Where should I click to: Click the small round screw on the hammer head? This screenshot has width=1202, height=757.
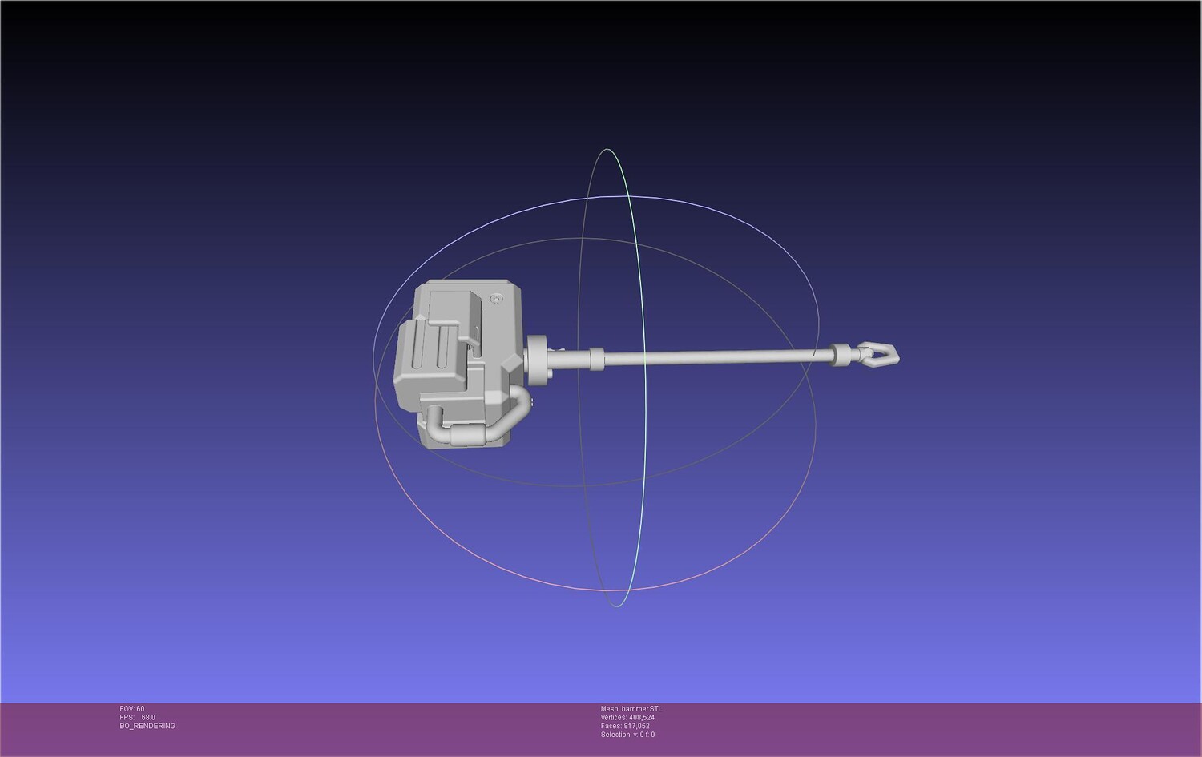(496, 299)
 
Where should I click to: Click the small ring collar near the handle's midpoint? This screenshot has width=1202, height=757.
(596, 358)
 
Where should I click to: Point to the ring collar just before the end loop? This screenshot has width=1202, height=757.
(841, 355)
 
